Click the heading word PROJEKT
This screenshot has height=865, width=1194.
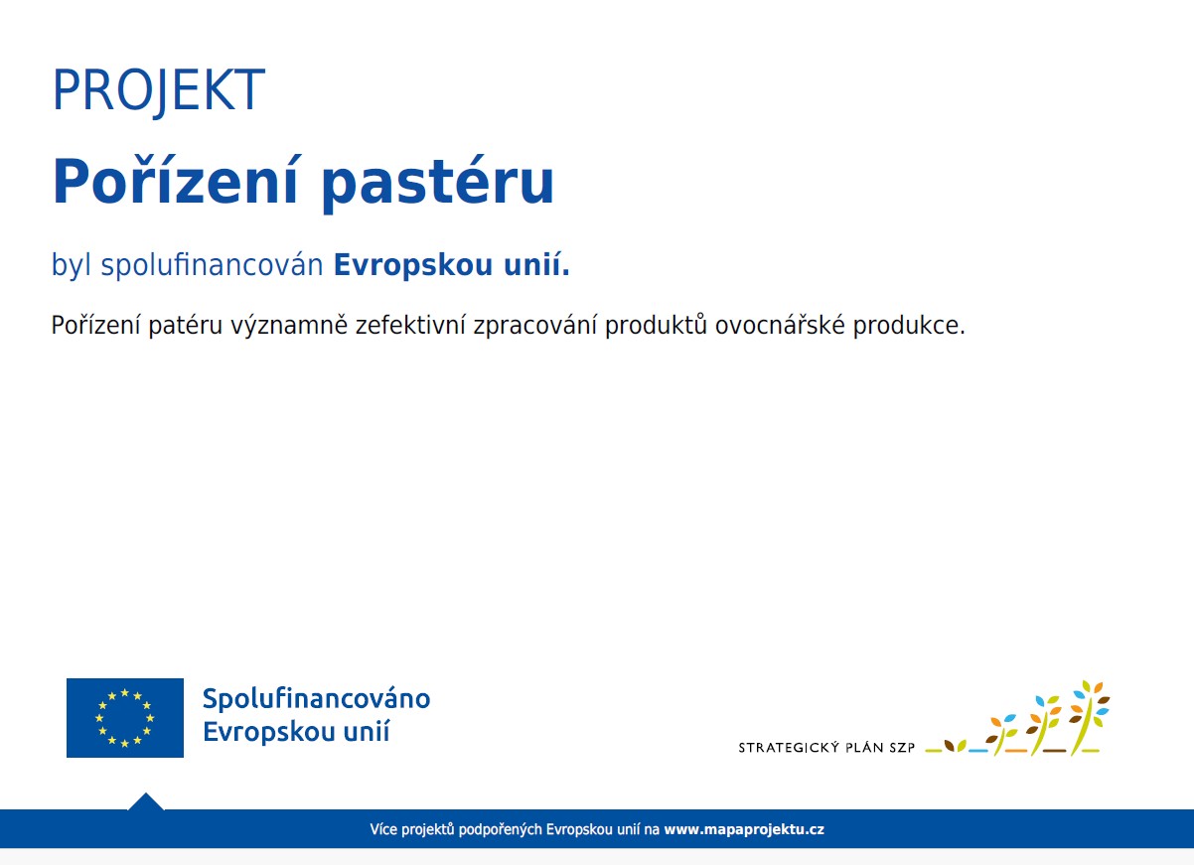point(158,90)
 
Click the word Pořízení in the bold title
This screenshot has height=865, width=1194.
point(174,181)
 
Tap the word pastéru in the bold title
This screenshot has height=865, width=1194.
point(438,184)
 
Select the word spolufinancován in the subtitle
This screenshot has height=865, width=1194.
point(213,265)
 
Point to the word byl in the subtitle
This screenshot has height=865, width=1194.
point(72,265)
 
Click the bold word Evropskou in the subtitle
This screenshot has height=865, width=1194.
point(413,265)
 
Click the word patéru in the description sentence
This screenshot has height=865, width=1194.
point(185,326)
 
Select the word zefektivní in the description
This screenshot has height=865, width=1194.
point(410,325)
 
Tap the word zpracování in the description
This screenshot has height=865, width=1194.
point(534,326)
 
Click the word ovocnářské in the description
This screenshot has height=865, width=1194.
point(780,325)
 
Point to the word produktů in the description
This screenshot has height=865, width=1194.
point(657,326)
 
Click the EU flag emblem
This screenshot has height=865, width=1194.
point(125,717)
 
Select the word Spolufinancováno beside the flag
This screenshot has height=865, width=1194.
point(316,699)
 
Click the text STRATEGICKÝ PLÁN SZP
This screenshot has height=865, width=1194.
point(826,748)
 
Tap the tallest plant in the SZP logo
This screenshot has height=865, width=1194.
point(1089,717)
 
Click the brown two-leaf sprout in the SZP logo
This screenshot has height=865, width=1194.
point(955,745)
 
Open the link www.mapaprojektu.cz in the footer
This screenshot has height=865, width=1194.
point(744,829)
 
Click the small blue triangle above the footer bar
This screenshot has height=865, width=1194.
point(145,802)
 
